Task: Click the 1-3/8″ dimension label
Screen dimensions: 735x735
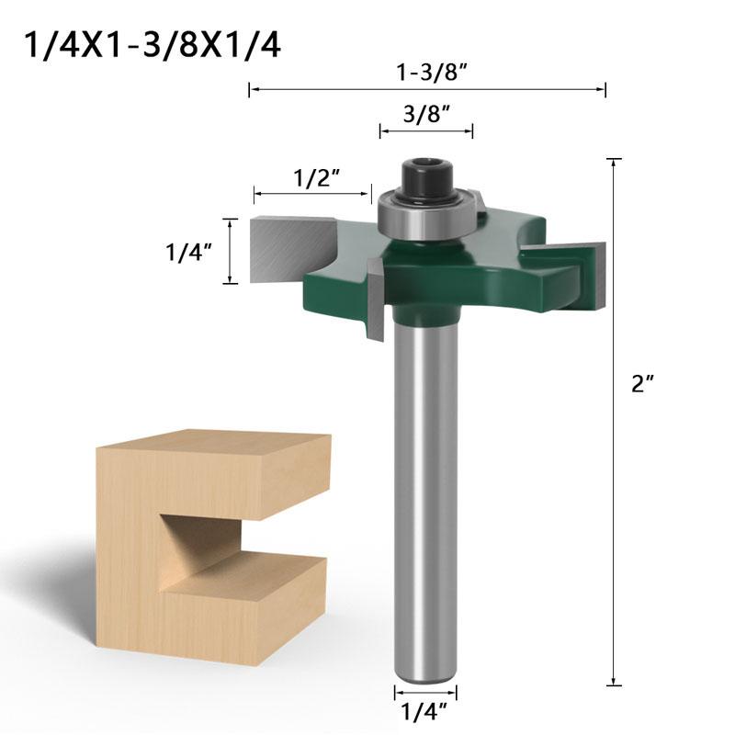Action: tap(426, 70)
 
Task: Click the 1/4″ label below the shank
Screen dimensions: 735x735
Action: tap(425, 711)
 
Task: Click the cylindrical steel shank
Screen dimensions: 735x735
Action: tap(424, 496)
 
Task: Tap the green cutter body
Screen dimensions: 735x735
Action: tap(459, 276)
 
